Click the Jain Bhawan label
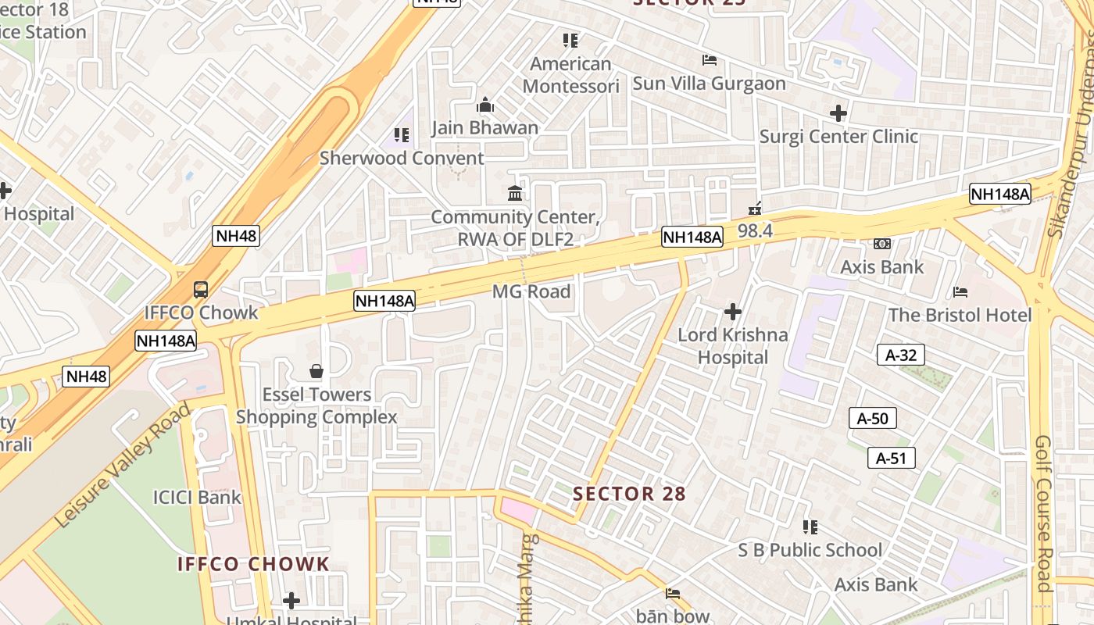click(485, 127)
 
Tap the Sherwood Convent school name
click(402, 158)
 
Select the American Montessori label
click(570, 74)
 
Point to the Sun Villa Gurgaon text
click(709, 84)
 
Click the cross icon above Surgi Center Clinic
click(838, 114)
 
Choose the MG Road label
click(531, 291)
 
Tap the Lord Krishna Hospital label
click(733, 346)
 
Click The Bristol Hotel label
click(960, 315)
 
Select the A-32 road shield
click(900, 355)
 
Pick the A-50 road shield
click(873, 418)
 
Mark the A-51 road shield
click(891, 458)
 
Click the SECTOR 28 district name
click(629, 494)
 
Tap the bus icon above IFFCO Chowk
click(201, 289)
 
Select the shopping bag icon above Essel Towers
click(316, 370)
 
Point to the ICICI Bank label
click(197, 497)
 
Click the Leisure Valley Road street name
click(123, 464)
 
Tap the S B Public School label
click(810, 550)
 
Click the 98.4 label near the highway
click(755, 230)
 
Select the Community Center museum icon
click(515, 193)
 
